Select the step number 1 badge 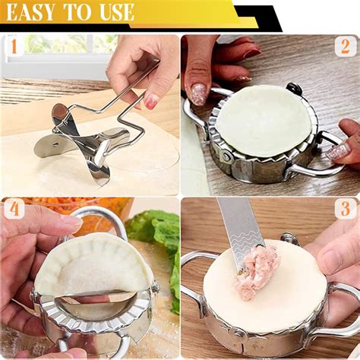[x=14, y=46]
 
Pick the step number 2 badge [x=346, y=46]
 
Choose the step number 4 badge [x=14, y=209]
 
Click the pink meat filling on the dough [x=256, y=272]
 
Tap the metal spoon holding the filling [x=241, y=233]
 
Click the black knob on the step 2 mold [x=294, y=88]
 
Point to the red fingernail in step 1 [x=151, y=101]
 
